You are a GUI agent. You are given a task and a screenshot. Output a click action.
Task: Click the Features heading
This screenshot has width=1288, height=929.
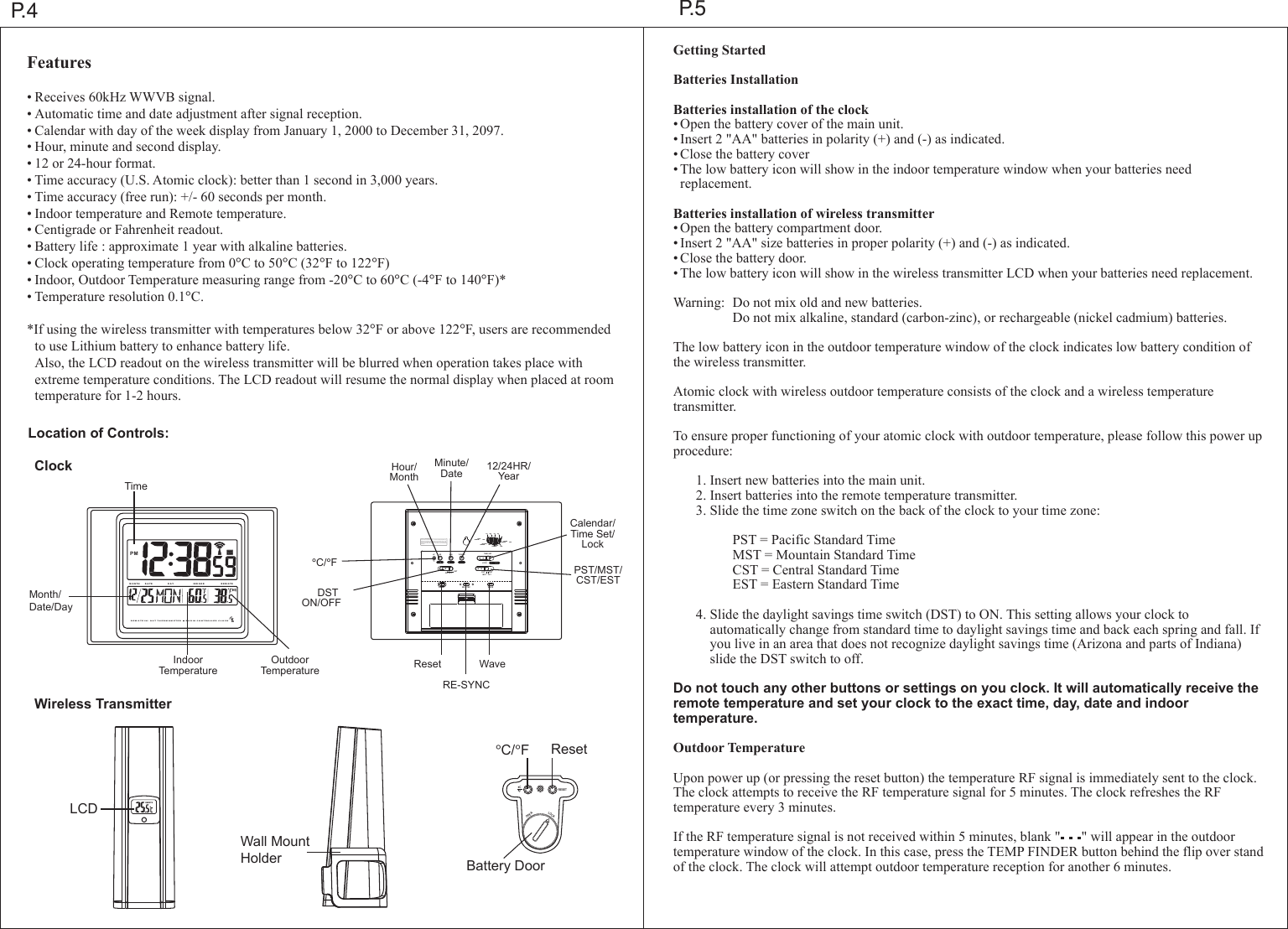(59, 63)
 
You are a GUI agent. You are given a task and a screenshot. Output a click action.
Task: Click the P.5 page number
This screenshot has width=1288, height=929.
(692, 10)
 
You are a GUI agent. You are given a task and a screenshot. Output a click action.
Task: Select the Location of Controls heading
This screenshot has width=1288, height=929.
(98, 433)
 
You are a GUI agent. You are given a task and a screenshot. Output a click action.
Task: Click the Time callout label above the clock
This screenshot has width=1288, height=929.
(135, 486)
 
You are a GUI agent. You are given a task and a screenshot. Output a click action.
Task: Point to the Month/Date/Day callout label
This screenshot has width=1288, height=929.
(50, 600)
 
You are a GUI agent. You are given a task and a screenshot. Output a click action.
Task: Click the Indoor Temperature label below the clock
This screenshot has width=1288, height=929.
(188, 666)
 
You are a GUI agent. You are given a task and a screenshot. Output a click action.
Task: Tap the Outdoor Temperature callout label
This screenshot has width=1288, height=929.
(289, 666)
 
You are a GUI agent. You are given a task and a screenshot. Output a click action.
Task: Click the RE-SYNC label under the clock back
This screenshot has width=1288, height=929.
(465, 685)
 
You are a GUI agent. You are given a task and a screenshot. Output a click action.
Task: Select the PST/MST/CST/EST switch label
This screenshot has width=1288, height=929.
(598, 575)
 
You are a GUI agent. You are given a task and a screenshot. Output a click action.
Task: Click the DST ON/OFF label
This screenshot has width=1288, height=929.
(321, 598)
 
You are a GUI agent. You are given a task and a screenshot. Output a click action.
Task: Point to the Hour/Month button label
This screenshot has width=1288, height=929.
(404, 472)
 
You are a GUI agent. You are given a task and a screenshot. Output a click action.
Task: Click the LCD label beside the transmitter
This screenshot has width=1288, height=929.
(83, 809)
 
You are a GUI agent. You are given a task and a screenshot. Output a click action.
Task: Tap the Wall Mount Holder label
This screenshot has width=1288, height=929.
(274, 849)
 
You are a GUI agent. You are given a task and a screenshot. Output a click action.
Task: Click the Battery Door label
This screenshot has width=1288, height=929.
(505, 866)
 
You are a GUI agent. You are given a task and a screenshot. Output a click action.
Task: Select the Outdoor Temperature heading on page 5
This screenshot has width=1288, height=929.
(739, 748)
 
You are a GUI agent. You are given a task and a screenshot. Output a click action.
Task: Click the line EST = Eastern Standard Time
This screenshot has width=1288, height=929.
(815, 584)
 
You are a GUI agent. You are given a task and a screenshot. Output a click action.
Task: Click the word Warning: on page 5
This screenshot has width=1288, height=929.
(699, 303)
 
